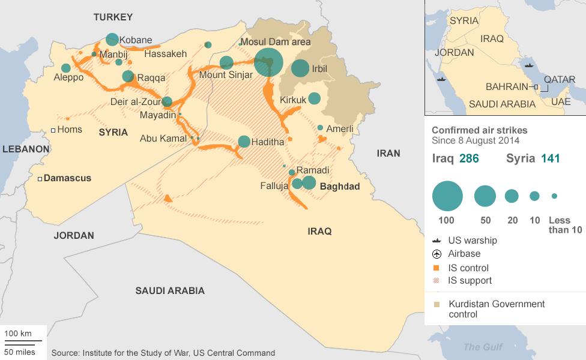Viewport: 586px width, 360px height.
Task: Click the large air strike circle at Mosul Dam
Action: (268, 62)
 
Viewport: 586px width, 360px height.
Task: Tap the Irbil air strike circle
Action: (300, 68)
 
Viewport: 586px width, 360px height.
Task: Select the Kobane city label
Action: (136, 40)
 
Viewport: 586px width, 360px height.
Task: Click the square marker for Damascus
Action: (40, 178)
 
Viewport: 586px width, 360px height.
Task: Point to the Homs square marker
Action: (53, 130)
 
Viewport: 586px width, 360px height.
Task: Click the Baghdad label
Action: (340, 187)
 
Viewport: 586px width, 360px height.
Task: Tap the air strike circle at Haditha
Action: (244, 142)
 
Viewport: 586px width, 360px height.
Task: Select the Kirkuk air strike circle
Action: (314, 98)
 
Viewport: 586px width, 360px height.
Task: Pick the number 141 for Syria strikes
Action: (551, 158)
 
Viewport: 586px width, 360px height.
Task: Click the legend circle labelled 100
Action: (447, 196)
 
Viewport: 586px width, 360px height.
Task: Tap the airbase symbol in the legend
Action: (436, 254)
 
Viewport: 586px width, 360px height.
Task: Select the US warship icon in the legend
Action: (436, 241)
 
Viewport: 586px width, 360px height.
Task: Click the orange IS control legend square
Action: (436, 268)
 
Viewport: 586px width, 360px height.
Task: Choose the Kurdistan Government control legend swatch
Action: (436, 304)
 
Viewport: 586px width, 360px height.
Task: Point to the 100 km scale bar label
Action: (18, 334)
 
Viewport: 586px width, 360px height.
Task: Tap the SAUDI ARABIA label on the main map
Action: (170, 291)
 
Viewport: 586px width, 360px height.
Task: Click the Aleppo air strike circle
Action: (65, 68)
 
